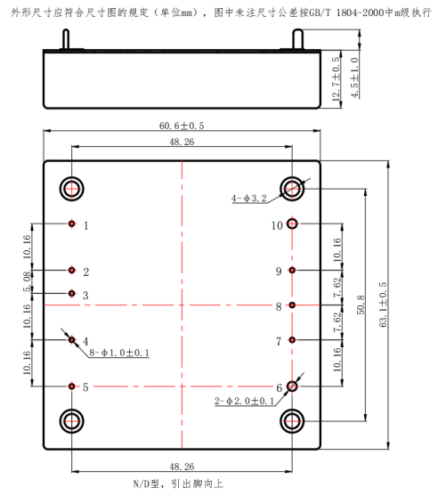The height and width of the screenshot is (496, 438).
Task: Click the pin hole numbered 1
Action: (72, 224)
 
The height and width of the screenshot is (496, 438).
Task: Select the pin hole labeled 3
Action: (72, 294)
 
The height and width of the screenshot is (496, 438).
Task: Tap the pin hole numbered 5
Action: (72, 386)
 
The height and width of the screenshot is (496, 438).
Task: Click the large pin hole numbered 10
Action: (292, 224)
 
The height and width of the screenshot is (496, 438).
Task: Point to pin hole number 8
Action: (292, 305)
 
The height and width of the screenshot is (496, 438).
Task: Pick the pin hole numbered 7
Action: (292, 340)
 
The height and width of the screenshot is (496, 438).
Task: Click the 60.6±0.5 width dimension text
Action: (182, 126)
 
